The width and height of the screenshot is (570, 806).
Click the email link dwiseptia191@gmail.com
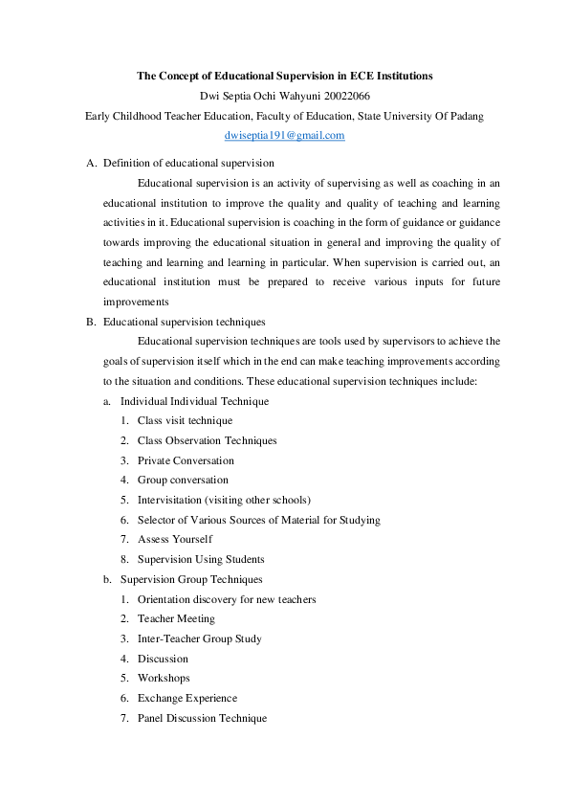tap(284, 136)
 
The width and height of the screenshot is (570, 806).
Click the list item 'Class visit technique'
tap(185, 420)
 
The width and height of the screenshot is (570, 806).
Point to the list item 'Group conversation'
tap(183, 480)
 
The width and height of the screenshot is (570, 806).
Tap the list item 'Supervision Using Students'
tap(201, 559)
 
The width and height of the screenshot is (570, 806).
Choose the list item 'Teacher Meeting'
tap(176, 618)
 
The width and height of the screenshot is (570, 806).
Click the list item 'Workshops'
tap(164, 678)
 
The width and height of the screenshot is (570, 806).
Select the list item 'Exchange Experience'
tap(187, 698)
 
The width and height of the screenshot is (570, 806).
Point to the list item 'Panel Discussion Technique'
tap(202, 718)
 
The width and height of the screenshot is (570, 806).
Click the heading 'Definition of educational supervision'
tap(188, 163)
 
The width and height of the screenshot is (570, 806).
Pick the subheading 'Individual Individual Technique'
tap(194, 401)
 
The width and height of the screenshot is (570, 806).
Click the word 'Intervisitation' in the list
tap(170, 500)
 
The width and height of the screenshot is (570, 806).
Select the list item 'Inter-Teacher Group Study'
tap(199, 638)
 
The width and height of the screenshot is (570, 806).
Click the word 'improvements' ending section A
tap(137, 302)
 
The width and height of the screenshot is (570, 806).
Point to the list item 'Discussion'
tap(163, 659)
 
